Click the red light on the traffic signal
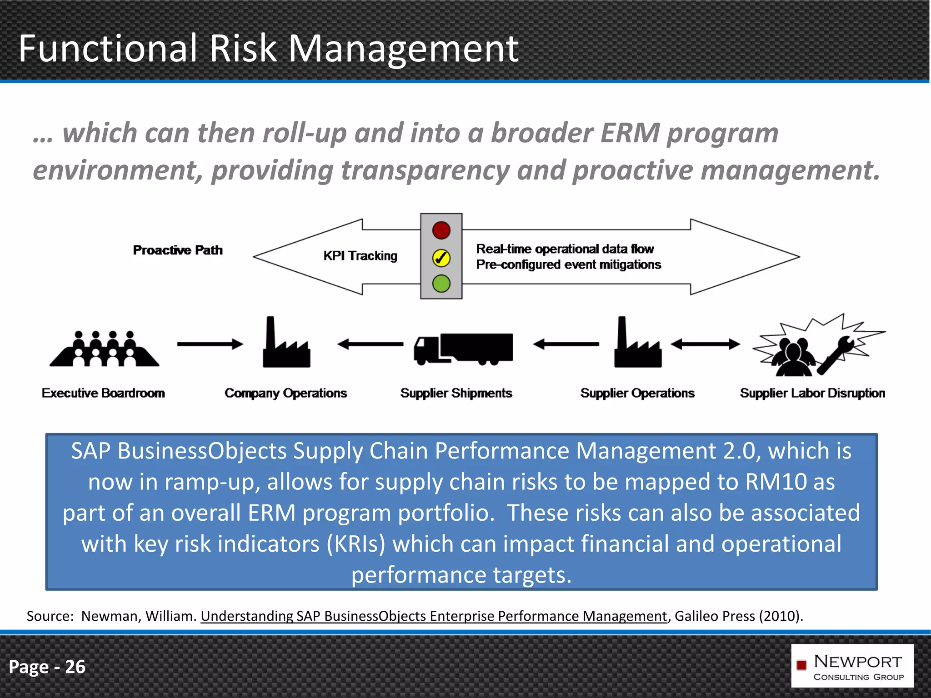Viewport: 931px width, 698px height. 441,230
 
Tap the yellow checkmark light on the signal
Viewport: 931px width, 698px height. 441,258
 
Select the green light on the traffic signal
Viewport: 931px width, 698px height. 441,284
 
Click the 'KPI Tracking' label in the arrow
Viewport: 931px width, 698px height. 360,256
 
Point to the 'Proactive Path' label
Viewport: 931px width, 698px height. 178,250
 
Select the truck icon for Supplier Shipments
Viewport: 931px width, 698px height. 463,349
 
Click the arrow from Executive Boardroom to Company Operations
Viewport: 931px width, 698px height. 210,344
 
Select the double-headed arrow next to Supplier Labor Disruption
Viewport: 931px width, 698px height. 706,344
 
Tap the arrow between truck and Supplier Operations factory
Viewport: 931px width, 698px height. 566,344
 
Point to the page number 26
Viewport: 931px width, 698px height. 75,667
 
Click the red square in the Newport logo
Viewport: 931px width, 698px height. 801,665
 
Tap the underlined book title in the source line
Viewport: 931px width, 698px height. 434,616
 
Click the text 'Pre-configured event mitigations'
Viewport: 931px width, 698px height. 568,264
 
